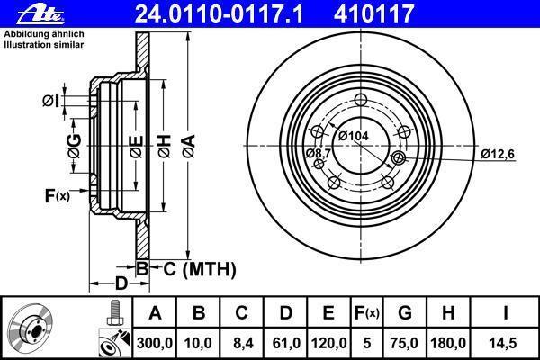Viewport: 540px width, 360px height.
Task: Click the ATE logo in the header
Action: pyautogui.click(x=40, y=13)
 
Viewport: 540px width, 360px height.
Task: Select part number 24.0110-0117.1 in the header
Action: pyautogui.click(x=219, y=13)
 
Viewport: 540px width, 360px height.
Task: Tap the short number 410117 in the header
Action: pyautogui.click(x=373, y=13)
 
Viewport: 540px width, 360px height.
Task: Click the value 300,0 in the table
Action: pyautogui.click(x=155, y=343)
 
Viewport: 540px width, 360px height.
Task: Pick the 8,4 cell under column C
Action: pyautogui.click(x=242, y=343)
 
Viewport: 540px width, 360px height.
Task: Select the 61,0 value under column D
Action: pyautogui.click(x=285, y=343)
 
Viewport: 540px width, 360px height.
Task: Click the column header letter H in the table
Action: pyautogui.click(x=447, y=313)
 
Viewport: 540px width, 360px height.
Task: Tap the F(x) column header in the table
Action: pyautogui.click(x=367, y=313)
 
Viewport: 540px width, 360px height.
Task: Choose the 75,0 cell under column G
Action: pyautogui.click(x=404, y=343)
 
